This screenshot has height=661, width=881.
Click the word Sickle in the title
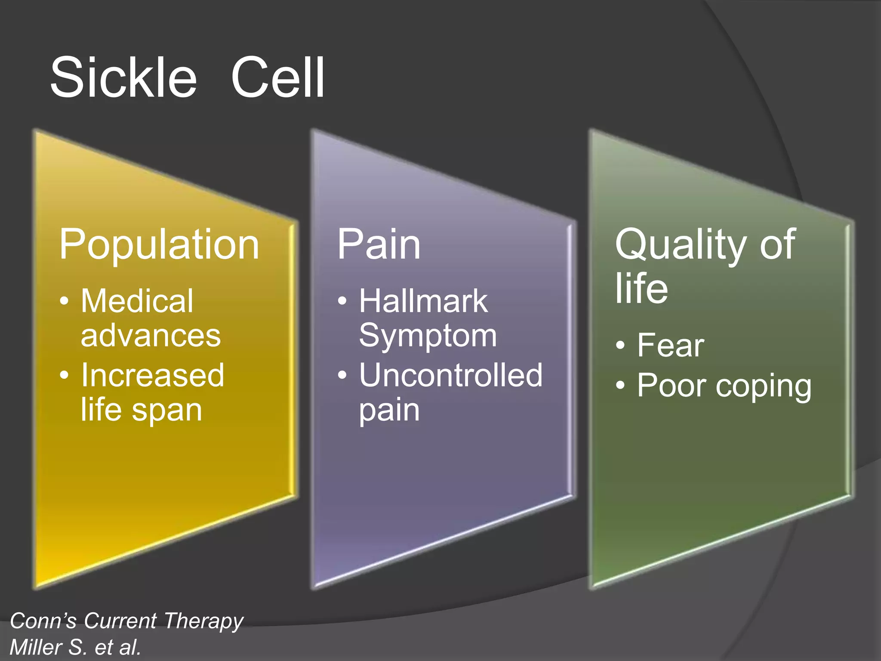(123, 78)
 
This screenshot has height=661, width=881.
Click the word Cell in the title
(277, 78)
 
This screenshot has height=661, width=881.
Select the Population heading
(159, 244)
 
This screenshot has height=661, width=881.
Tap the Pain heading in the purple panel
(379, 244)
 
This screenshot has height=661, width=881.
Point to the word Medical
(137, 301)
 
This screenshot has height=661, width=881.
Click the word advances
(151, 336)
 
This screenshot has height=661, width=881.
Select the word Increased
(153, 375)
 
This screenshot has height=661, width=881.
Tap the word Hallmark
(423, 301)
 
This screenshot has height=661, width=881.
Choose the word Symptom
(428, 336)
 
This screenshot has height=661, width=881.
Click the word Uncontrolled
(451, 375)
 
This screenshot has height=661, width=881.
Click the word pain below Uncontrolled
(389, 410)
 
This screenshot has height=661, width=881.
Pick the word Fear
(671, 345)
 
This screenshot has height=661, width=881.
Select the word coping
(764, 386)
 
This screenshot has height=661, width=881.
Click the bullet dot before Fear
(620, 345)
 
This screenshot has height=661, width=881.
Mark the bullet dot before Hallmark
(342, 301)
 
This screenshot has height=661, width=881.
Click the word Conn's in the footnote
(43, 621)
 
